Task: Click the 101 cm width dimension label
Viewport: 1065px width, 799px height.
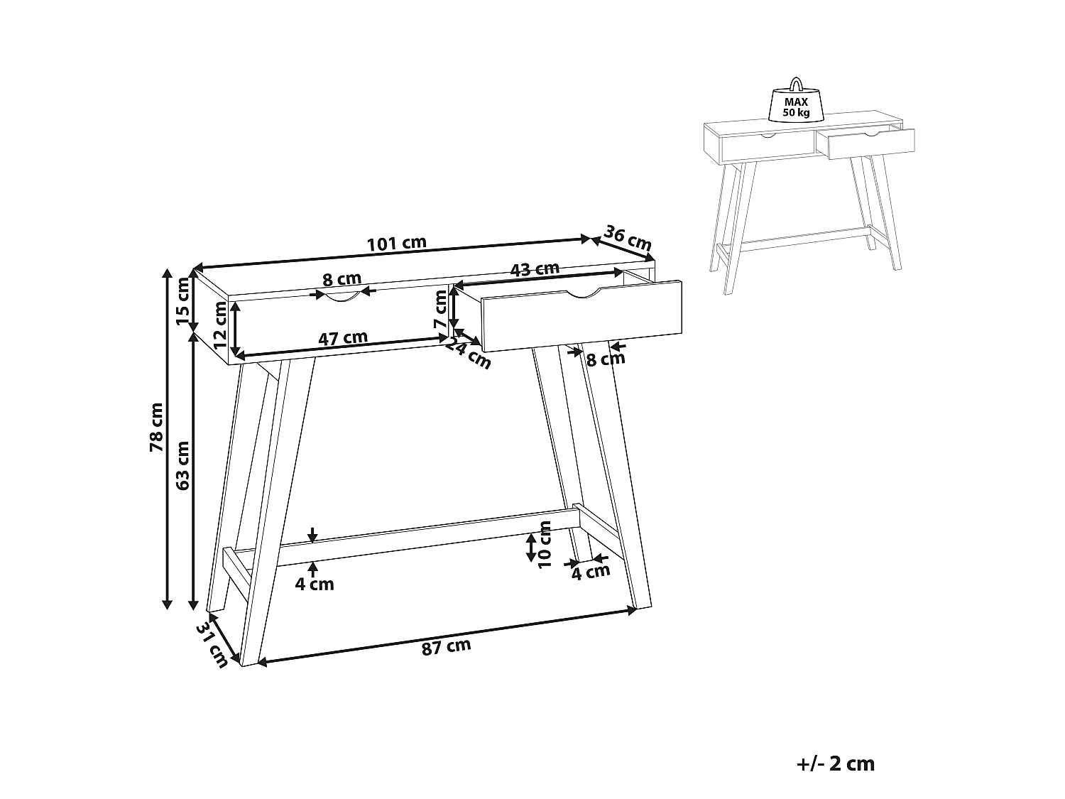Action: click(x=396, y=243)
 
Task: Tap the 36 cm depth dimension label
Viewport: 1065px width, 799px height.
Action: click(x=628, y=237)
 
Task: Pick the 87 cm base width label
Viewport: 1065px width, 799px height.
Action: click(x=446, y=647)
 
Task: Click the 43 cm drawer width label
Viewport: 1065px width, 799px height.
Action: click(x=535, y=269)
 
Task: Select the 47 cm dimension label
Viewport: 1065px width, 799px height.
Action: click(x=342, y=338)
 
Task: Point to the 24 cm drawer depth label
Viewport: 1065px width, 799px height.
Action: click(x=469, y=353)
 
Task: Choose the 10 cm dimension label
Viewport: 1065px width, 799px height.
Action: click(x=545, y=544)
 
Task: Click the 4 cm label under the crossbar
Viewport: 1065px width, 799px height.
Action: click(x=314, y=585)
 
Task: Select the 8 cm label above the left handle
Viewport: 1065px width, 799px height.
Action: click(x=342, y=279)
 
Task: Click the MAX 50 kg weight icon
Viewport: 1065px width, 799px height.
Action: click(x=796, y=102)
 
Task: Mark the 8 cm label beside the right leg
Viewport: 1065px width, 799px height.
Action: click(x=605, y=359)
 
